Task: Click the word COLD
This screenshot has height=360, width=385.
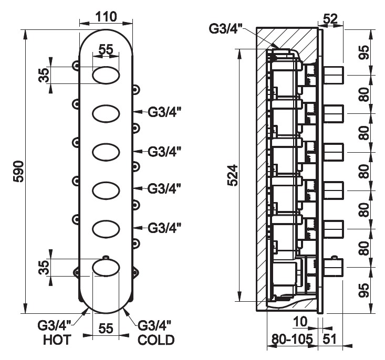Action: [x=156, y=341]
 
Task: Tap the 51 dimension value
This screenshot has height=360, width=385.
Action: [x=330, y=340]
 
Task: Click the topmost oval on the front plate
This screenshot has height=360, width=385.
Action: [x=106, y=76]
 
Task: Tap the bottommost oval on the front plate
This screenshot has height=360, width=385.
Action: [x=106, y=268]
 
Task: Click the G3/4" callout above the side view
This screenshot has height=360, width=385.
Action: [x=225, y=29]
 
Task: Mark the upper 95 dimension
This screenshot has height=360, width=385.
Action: [x=367, y=53]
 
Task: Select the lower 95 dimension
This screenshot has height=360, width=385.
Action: [x=367, y=291]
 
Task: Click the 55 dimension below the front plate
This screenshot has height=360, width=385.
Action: [x=106, y=329]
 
